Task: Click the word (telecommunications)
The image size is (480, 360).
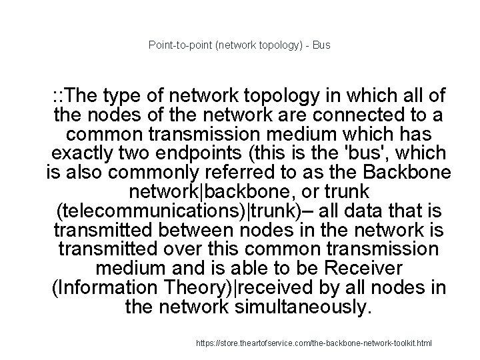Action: pos(147,211)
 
